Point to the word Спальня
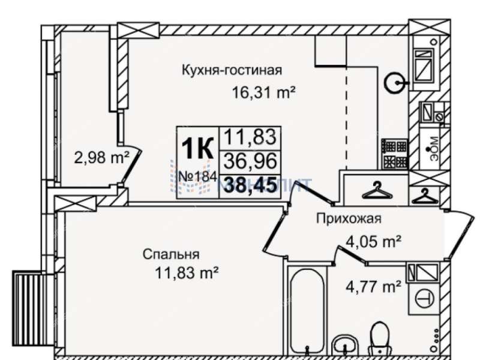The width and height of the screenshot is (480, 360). (171, 254)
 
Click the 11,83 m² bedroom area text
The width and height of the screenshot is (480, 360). (187, 273)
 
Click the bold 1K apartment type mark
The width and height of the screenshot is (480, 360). (197, 148)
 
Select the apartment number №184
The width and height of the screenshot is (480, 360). (199, 178)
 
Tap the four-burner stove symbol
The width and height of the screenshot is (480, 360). (394, 154)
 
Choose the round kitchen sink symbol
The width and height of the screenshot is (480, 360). (394, 82)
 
